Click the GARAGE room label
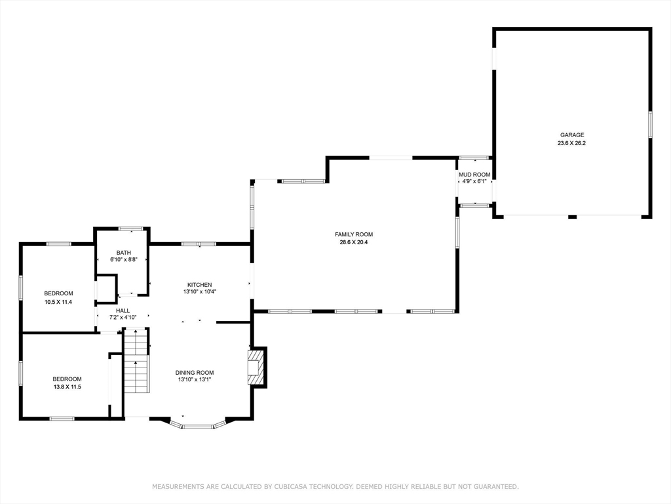(571, 135)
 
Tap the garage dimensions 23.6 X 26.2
(571, 143)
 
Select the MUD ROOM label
(474, 174)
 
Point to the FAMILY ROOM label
(354, 234)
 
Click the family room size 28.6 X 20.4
(354, 242)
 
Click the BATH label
(123, 253)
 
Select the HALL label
(123, 310)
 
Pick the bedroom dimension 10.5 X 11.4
(58, 302)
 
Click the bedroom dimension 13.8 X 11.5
(67, 387)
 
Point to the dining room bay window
(198, 426)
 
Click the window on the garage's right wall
(650, 124)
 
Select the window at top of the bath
(131, 228)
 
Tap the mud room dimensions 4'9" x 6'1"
(474, 182)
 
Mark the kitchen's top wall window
(199, 244)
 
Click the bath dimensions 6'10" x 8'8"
(123, 261)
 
